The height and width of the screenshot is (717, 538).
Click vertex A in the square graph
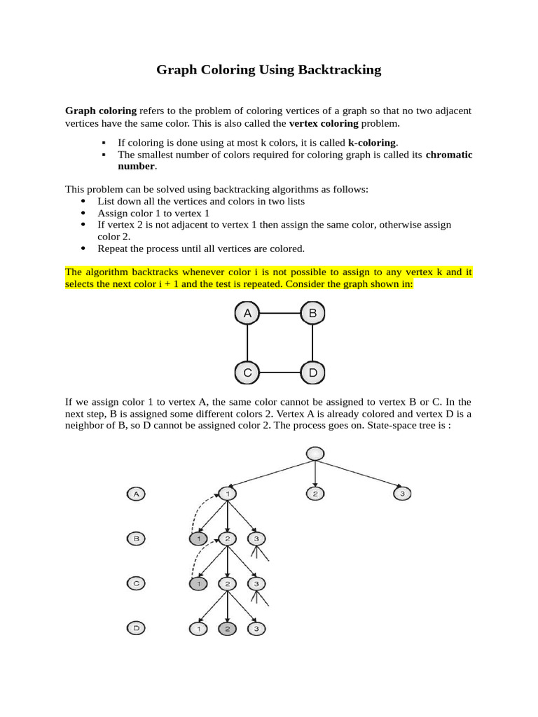(247, 314)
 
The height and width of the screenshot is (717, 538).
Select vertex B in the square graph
(312, 314)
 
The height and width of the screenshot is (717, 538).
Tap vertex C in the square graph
(247, 373)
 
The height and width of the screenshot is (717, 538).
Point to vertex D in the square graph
(312, 373)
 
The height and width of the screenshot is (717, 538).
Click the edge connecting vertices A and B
(280, 314)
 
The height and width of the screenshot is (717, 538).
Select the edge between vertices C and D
(280, 373)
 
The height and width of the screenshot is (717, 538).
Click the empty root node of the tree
(316, 454)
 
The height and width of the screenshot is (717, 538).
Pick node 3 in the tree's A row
(402, 494)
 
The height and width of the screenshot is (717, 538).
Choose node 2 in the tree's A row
(316, 494)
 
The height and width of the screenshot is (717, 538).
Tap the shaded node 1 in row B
(199, 539)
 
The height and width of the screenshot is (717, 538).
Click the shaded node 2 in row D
(228, 629)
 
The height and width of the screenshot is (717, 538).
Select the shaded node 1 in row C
(199, 583)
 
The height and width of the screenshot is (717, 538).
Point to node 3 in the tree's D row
(257, 629)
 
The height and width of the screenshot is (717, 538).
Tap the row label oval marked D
(137, 629)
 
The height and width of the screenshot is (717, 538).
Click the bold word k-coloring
(373, 142)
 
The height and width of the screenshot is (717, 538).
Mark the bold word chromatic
(449, 155)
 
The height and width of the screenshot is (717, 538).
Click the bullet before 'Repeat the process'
(83, 249)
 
